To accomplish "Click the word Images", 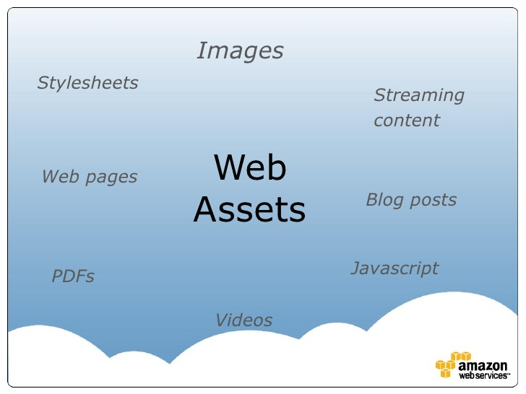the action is click(240, 51).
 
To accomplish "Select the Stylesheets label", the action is click(87, 83).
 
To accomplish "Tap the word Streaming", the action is click(419, 95).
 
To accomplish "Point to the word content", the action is click(407, 121).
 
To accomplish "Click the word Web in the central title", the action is click(250, 168).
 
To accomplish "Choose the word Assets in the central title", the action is click(250, 210).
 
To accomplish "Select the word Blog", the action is click(383, 200).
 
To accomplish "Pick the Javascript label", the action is click(394, 268).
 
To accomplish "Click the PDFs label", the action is click(73, 276).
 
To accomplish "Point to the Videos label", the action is click(244, 320).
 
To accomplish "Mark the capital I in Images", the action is click(202, 51).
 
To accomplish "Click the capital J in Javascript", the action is click(355, 268).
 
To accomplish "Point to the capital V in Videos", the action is click(222, 320).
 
